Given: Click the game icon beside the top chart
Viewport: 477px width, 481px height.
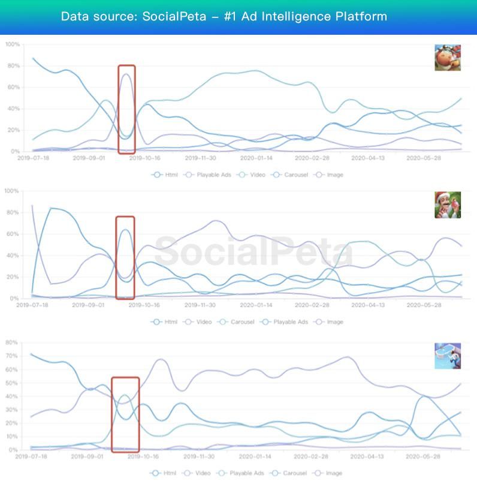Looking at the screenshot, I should (448, 58).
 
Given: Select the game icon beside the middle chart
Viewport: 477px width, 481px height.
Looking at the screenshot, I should (448, 205).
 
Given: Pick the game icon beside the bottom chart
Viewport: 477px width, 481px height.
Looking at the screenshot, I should (448, 356).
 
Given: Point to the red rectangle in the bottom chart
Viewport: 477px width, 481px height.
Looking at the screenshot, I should (125, 414).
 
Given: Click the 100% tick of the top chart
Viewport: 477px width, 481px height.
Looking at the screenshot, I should (11, 44).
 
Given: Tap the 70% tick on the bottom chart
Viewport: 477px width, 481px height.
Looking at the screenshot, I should (11, 356).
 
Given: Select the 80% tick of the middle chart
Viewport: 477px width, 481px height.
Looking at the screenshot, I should (11, 212).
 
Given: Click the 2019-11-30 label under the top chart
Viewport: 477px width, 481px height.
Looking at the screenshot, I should (200, 158).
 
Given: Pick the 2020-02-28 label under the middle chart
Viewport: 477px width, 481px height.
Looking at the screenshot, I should (311, 305).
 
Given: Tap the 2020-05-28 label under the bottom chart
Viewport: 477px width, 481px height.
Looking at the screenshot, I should (422, 456).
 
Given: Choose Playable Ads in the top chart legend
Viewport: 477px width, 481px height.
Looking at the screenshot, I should (212, 175).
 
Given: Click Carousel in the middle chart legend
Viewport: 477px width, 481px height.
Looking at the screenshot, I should (240, 322).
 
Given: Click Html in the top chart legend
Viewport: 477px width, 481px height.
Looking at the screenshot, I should (171, 175).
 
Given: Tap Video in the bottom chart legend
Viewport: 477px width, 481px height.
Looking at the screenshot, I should (203, 473).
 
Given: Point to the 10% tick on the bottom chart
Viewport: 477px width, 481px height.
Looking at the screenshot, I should (11, 437).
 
